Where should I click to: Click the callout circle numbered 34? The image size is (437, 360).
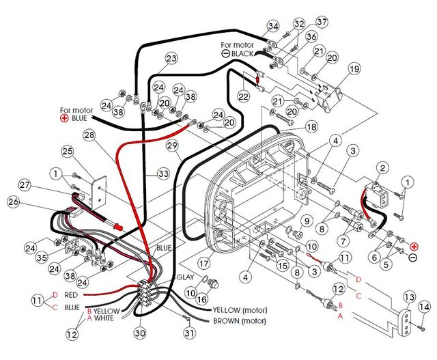(x=274, y=26)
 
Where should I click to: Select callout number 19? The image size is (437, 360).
(x=354, y=69)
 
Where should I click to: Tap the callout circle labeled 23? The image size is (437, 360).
(x=171, y=58)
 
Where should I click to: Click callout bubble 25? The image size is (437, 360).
(x=67, y=151)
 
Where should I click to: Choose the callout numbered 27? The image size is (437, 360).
(x=25, y=184)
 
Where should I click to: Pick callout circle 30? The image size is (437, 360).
(x=140, y=333)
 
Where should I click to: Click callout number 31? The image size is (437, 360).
(x=189, y=333)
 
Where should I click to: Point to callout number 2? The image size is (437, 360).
(x=383, y=168)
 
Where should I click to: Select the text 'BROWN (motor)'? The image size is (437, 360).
(x=240, y=320)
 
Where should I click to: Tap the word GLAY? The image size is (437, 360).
(x=186, y=277)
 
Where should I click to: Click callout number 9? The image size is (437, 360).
(x=307, y=221)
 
